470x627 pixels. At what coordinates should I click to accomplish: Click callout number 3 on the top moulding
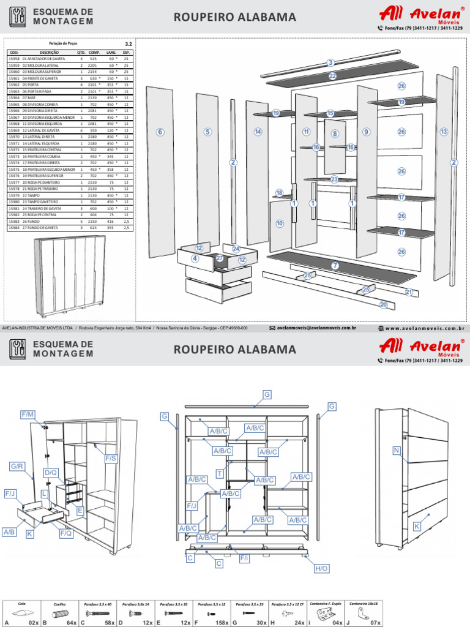330,62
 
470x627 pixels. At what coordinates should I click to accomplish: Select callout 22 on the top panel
332,77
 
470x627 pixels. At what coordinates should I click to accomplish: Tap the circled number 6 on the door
160,132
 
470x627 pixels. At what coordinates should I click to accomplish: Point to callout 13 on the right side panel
444,132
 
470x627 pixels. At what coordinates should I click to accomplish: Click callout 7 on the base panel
335,265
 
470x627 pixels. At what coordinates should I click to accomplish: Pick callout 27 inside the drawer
220,258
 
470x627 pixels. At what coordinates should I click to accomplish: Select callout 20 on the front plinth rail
384,304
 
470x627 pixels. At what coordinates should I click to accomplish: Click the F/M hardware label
28,415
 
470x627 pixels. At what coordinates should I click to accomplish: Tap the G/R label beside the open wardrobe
17,467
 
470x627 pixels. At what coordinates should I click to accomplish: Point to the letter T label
220,474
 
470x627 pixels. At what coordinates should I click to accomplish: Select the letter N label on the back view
397,451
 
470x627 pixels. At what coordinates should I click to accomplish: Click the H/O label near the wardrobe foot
322,569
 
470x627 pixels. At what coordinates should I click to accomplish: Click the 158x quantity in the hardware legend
220,622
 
